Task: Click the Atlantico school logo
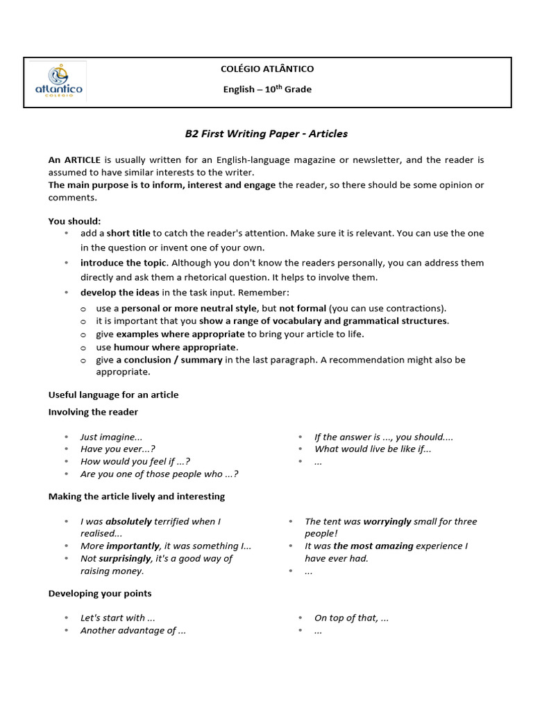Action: pos(58,82)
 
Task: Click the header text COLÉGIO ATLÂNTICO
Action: pos(266,69)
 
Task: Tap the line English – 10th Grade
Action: pos(266,89)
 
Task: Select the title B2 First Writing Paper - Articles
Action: pos(266,133)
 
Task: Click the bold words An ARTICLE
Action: pos(74,160)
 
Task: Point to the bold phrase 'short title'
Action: pos(128,234)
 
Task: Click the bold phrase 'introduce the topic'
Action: pos(123,263)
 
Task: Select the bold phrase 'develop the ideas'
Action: pos(119,293)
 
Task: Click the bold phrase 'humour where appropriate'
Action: pos(176,347)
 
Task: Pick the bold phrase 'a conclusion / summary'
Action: pos(169,360)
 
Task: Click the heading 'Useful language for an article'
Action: pos(113,395)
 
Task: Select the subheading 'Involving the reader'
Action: pos(93,413)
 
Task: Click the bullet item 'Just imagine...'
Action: pos(111,438)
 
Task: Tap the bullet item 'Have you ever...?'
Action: pos(117,449)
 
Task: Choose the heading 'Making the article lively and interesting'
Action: pos(136,496)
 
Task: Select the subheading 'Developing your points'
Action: pos(99,594)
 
